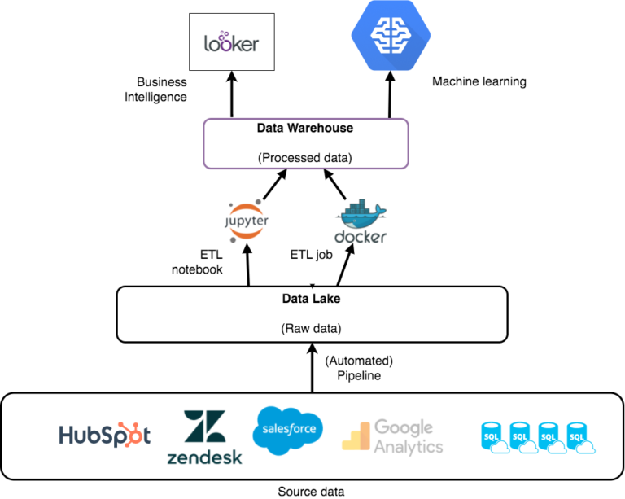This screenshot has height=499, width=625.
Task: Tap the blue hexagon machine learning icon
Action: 391,36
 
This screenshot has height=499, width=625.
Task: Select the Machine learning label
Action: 479,81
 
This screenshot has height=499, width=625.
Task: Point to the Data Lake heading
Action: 312,299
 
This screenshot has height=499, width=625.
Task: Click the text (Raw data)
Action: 312,329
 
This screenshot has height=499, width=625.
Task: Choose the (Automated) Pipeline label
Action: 357,368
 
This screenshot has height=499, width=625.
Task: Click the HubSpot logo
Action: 104,435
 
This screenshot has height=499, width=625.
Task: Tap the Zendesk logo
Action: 204,439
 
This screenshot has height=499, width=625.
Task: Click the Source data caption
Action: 312,491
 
